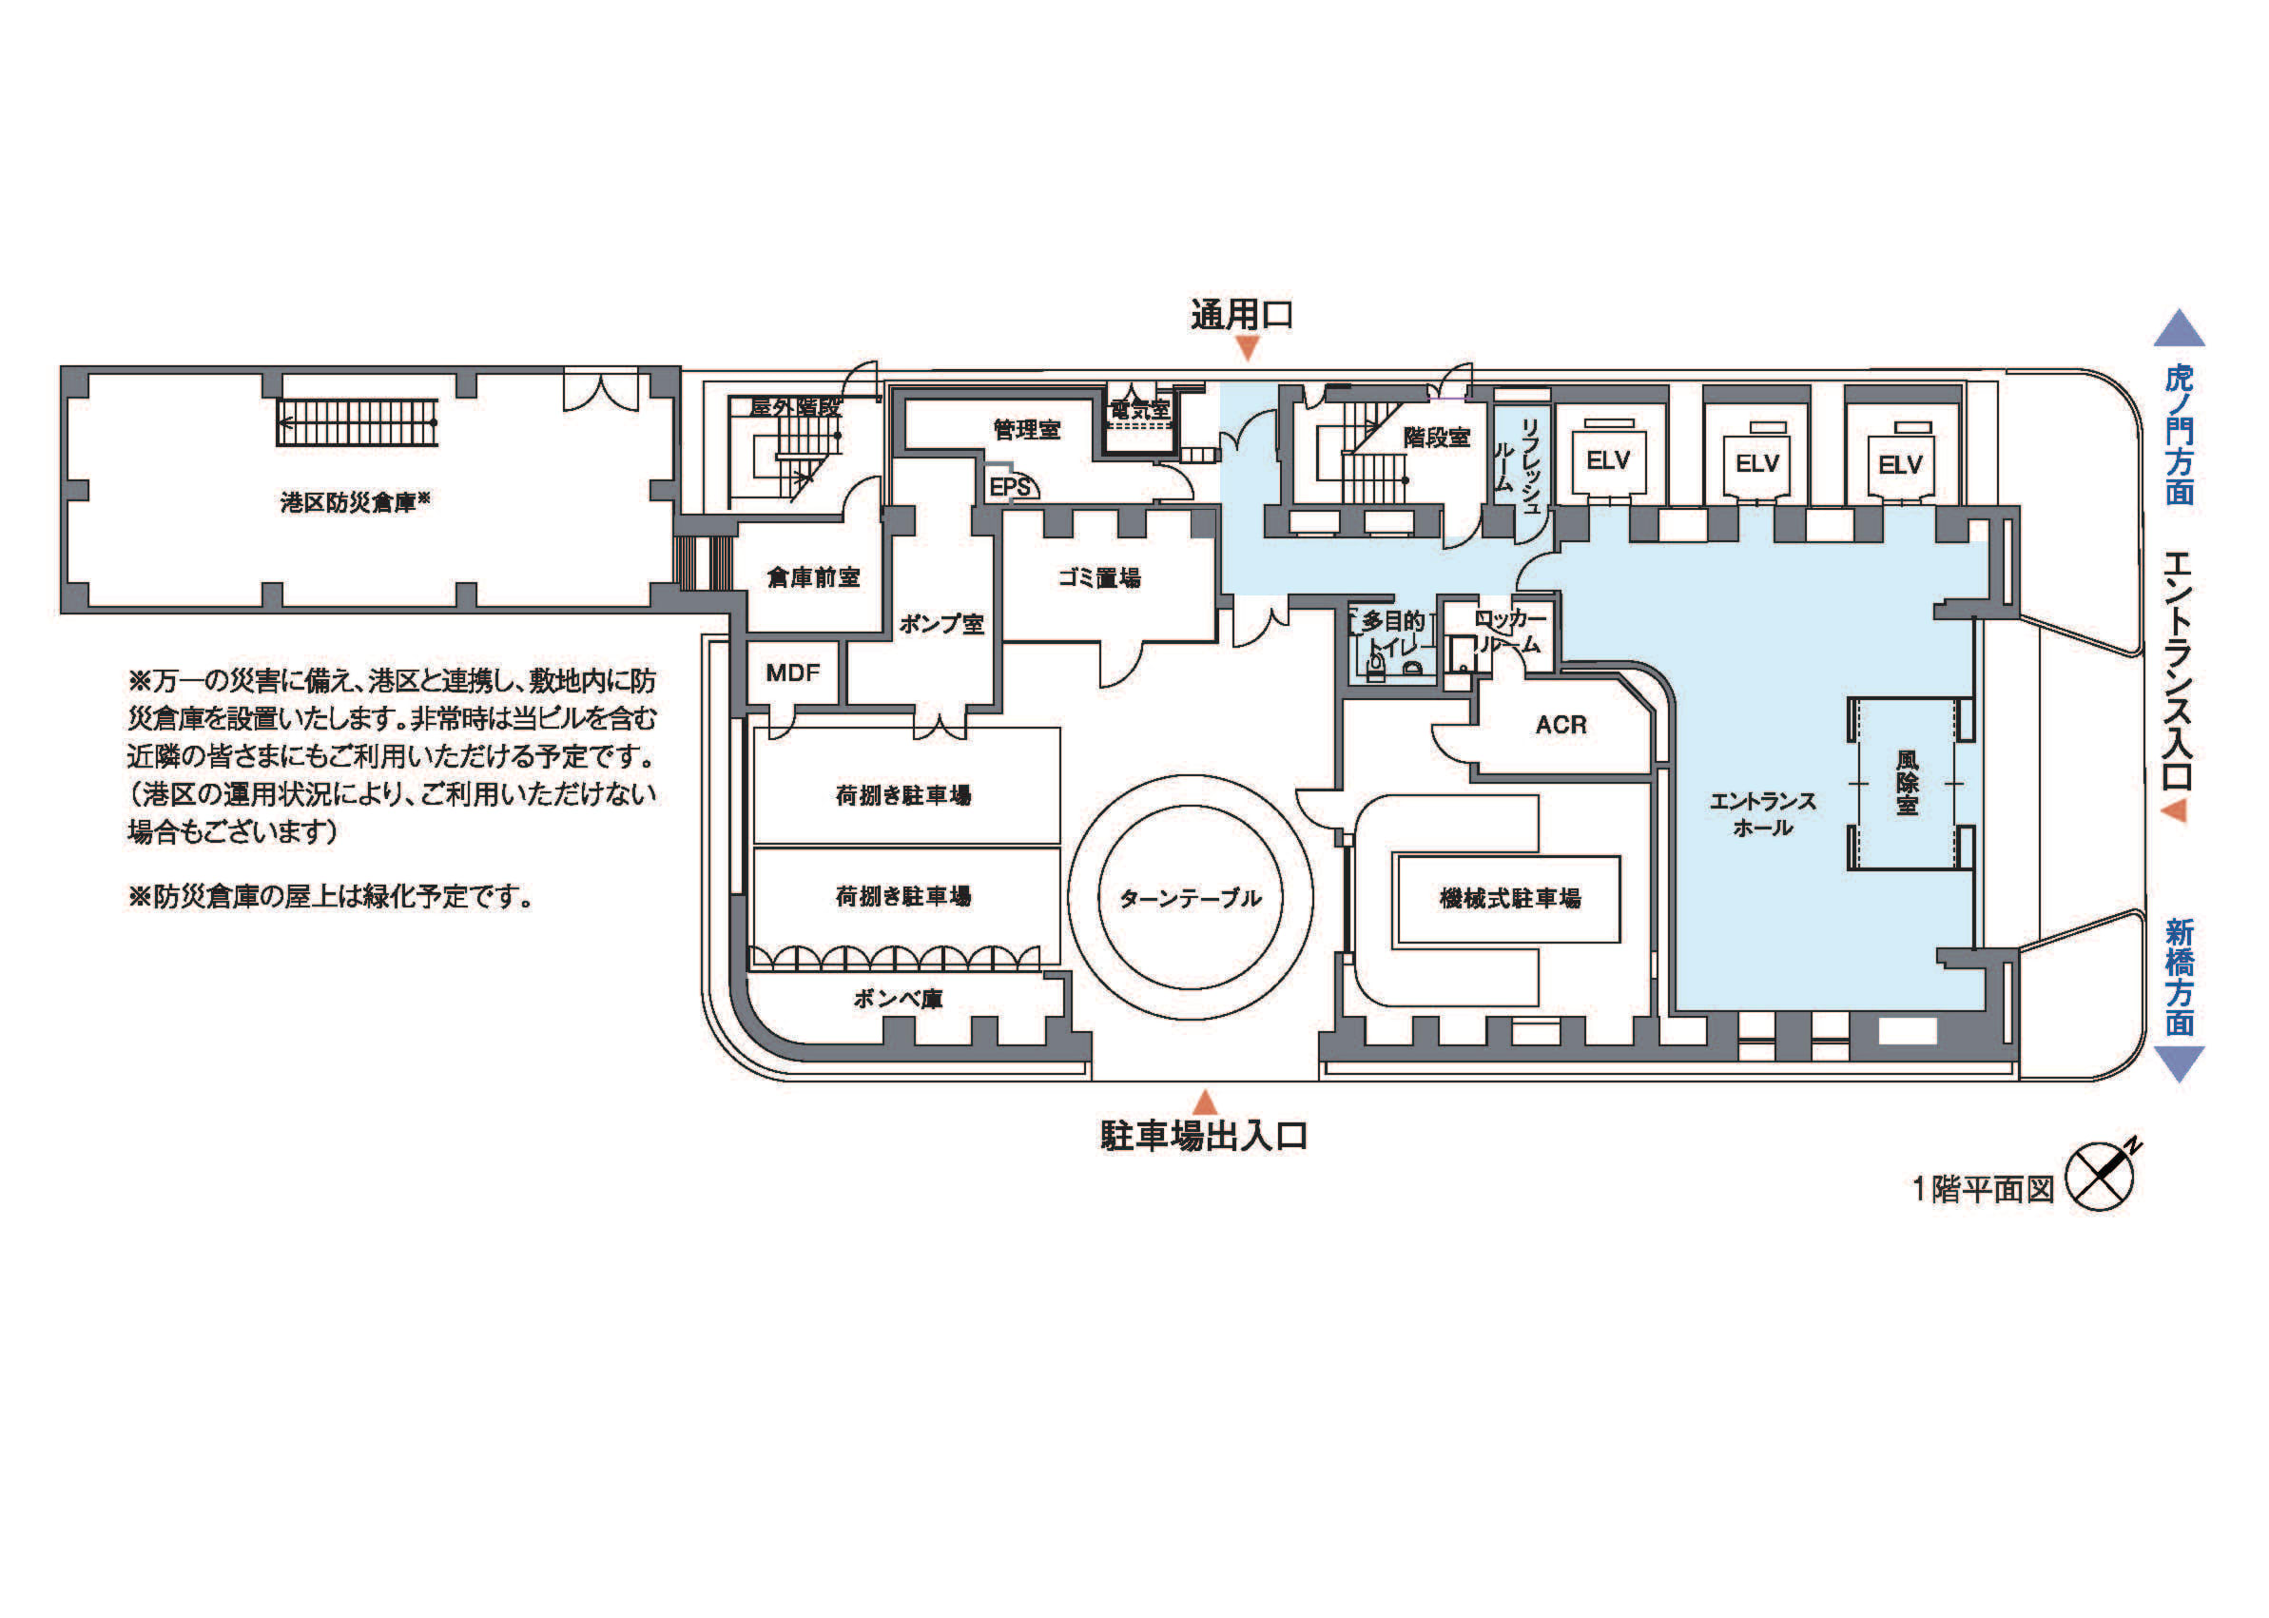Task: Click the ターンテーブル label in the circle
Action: [x=1191, y=898]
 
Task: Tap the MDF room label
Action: [x=793, y=673]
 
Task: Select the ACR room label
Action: [x=1561, y=724]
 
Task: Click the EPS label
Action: [x=1010, y=487]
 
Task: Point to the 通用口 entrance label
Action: [x=1242, y=315]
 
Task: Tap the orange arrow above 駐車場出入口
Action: [x=1205, y=1101]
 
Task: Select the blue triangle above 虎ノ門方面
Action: [x=2179, y=330]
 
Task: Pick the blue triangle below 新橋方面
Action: [x=2179, y=1063]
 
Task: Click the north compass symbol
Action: [x=2100, y=1176]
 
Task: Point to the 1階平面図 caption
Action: [x=1982, y=1189]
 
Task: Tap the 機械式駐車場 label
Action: [x=1510, y=898]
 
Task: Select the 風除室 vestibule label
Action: [x=1908, y=783]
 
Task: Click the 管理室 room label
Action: [x=1027, y=429]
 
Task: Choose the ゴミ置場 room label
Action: [x=1099, y=576]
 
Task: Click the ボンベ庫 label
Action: [x=898, y=999]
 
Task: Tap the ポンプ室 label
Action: [x=941, y=624]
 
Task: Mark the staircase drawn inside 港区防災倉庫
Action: [x=358, y=422]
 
